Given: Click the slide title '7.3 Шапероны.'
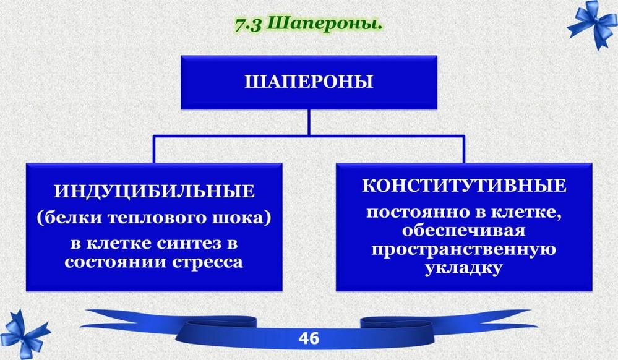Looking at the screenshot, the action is [x=309, y=25].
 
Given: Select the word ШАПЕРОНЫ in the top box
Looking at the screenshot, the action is [x=309, y=82].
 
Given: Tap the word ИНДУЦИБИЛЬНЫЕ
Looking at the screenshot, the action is [x=154, y=191].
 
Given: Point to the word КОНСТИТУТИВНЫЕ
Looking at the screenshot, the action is [x=464, y=186].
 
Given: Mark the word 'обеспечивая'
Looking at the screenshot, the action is [x=464, y=230].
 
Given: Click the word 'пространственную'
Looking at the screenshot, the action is [x=464, y=250].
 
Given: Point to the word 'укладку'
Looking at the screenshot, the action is [x=464, y=268].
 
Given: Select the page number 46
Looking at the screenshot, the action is [x=309, y=338].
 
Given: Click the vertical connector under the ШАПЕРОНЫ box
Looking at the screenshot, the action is [x=309, y=122].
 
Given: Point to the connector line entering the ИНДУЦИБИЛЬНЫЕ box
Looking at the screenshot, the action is [x=154, y=150].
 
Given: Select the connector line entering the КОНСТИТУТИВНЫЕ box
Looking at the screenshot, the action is [x=463, y=150].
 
